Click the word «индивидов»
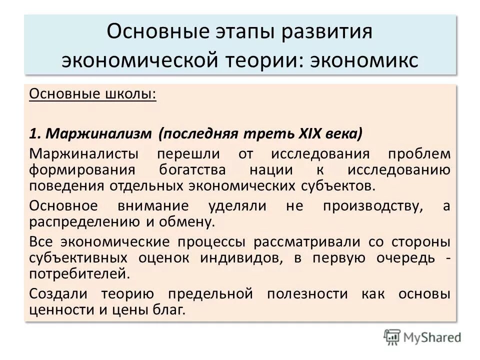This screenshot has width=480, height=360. [237, 258]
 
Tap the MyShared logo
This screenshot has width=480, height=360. [423, 337]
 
